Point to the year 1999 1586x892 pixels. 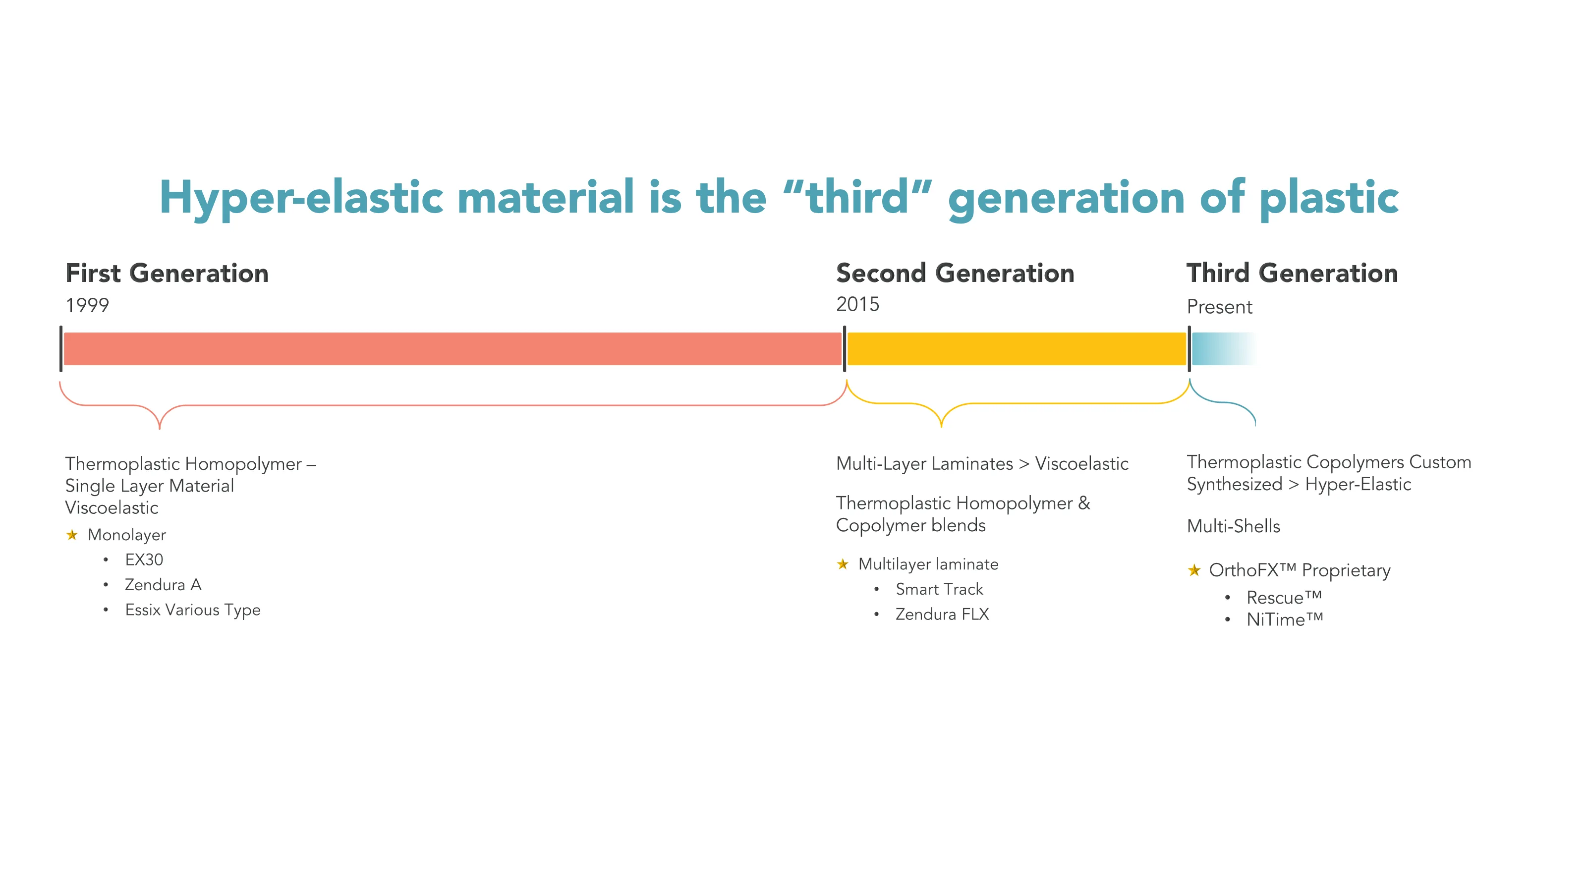pos(87,305)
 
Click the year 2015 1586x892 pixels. pos(857,304)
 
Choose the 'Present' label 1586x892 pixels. pos(1219,307)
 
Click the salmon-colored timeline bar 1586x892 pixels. pos(453,348)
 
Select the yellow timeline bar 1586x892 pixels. pos(1017,348)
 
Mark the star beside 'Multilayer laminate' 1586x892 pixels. pos(843,564)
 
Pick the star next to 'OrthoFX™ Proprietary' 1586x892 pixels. pos(1194,570)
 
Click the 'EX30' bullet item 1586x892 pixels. pos(144,559)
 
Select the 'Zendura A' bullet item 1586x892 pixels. pos(163,585)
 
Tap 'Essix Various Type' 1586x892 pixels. pos(193,610)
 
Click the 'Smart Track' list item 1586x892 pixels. pos(939,589)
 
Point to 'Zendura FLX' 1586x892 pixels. pos(942,614)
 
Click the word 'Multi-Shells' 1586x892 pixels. pos(1233,526)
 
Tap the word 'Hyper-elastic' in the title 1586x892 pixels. pos(301,198)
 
